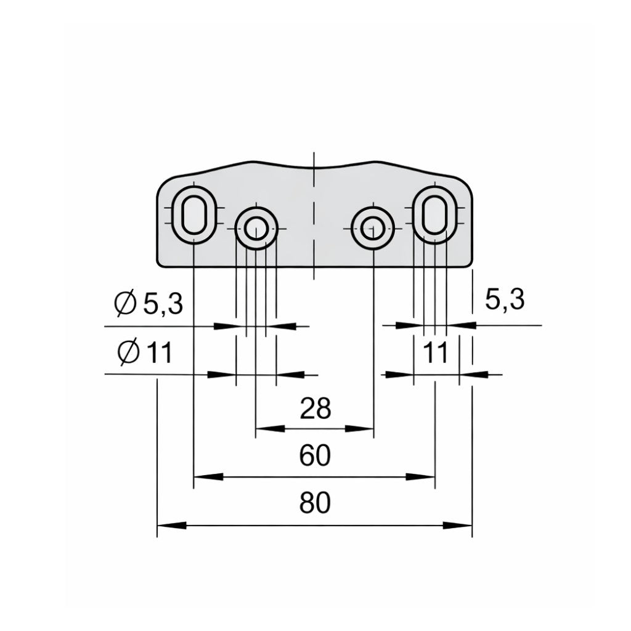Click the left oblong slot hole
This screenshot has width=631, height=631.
pyautogui.click(x=193, y=216)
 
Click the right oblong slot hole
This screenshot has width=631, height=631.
pyautogui.click(x=435, y=216)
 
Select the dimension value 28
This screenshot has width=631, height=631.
pyautogui.click(x=315, y=408)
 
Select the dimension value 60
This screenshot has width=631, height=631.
pyautogui.click(x=315, y=456)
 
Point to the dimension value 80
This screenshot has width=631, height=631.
pyautogui.click(x=315, y=504)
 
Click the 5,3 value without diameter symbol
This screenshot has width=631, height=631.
pyautogui.click(x=504, y=300)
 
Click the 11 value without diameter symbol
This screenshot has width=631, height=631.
pyautogui.click(x=436, y=354)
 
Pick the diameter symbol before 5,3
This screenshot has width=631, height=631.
pyautogui.click(x=126, y=304)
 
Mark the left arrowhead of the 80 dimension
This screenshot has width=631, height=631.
pyautogui.click(x=171, y=526)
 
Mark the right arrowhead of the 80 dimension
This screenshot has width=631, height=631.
pyautogui.click(x=458, y=526)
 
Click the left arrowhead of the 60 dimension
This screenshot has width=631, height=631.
pyautogui.click(x=208, y=476)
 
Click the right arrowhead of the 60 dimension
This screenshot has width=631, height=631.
pyautogui.click(x=421, y=476)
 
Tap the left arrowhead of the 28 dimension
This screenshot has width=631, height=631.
pyautogui.click(x=269, y=428)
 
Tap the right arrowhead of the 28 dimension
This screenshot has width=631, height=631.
pyautogui.click(x=360, y=428)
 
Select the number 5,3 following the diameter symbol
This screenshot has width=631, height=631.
pyautogui.click(x=163, y=304)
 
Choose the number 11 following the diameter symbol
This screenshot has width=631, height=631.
pyautogui.click(x=159, y=354)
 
